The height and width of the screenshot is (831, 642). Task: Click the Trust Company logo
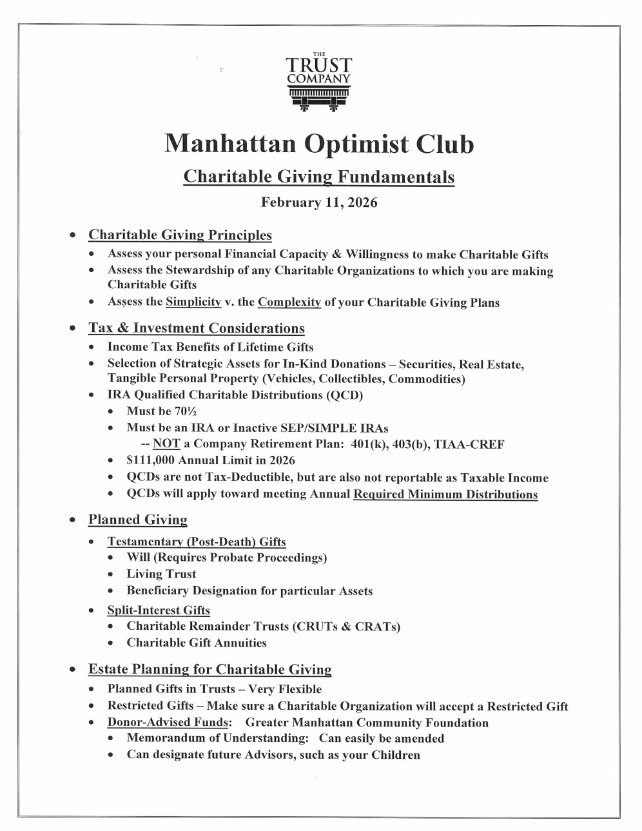(319, 81)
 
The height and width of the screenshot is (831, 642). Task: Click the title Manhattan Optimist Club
(319, 143)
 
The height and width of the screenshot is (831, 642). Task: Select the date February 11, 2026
(319, 202)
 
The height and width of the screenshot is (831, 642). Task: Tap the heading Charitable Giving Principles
(180, 235)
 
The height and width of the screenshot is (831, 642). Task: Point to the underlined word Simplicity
(193, 302)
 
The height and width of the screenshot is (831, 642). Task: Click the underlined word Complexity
(289, 302)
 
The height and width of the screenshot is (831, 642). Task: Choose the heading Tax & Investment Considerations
(196, 328)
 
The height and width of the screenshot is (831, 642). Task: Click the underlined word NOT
(166, 444)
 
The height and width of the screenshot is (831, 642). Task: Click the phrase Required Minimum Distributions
(445, 494)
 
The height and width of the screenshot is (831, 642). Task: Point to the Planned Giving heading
(138, 520)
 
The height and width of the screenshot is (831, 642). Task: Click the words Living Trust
(161, 574)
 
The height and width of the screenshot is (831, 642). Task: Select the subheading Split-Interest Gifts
(159, 610)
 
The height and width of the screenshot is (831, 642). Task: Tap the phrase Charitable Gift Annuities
(197, 643)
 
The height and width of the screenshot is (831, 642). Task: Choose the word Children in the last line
(396, 755)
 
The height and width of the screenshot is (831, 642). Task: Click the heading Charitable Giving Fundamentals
(319, 177)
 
